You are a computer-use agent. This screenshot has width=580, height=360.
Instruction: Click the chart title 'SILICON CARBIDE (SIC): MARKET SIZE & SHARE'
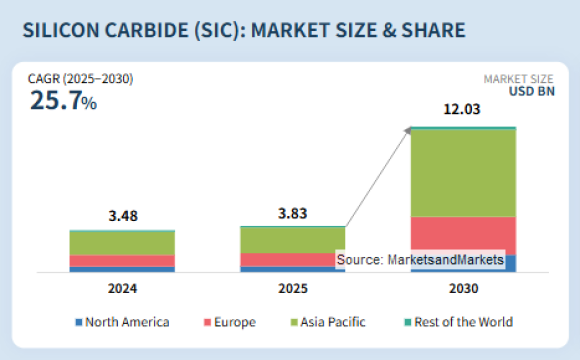point(244,30)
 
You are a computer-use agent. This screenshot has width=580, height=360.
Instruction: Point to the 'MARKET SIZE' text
point(519,79)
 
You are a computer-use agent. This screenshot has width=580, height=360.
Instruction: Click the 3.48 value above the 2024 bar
point(122,214)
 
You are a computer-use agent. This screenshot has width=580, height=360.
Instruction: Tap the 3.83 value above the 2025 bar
point(292,211)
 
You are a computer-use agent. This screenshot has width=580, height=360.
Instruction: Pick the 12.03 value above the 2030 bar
point(463,112)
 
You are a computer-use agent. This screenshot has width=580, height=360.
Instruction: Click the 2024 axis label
point(122,289)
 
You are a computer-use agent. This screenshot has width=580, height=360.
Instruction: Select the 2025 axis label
point(292,289)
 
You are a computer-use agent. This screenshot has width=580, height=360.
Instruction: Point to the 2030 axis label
point(463,289)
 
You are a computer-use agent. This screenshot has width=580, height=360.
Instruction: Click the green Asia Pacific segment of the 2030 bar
point(463,173)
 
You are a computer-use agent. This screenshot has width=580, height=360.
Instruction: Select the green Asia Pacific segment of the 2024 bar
point(122,243)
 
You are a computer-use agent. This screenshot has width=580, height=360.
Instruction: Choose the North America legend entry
point(122,322)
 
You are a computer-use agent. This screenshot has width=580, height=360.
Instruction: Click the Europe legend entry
point(229,322)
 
